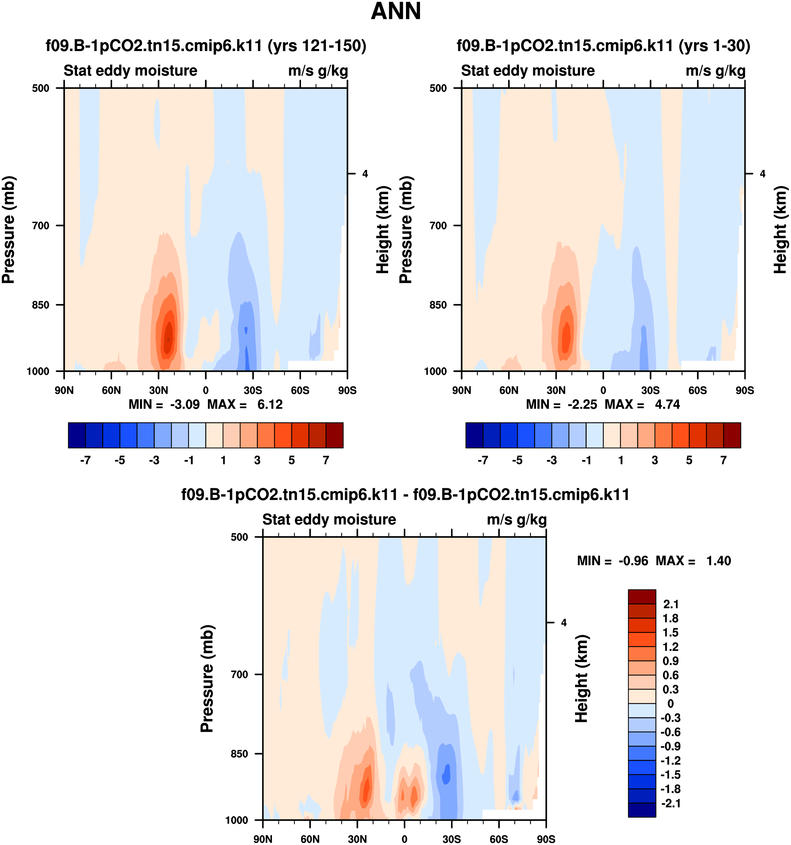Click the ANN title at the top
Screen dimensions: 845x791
[395, 12]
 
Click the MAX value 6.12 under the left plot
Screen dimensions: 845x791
[269, 404]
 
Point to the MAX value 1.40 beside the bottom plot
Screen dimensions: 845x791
[718, 561]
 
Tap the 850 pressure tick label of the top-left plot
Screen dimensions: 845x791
[41, 305]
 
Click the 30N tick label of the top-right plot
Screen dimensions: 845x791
[556, 390]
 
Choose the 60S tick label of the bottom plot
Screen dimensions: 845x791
[498, 839]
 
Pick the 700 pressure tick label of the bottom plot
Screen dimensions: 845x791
[239, 675]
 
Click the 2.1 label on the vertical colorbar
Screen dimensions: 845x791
[671, 604]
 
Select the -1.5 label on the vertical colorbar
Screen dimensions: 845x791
[670, 774]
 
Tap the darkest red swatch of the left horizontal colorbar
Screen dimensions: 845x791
[334, 435]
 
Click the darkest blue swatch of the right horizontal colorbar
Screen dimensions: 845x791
[474, 435]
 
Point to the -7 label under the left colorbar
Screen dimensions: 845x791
[85, 460]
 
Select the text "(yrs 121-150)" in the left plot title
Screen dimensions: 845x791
[316, 45]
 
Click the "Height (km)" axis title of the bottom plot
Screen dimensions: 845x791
[581, 679]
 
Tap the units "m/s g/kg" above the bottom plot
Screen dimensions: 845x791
[516, 519]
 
